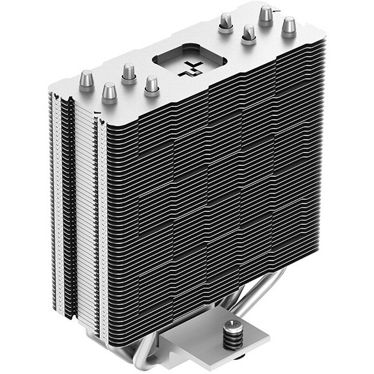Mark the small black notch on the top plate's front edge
[95, 111]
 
